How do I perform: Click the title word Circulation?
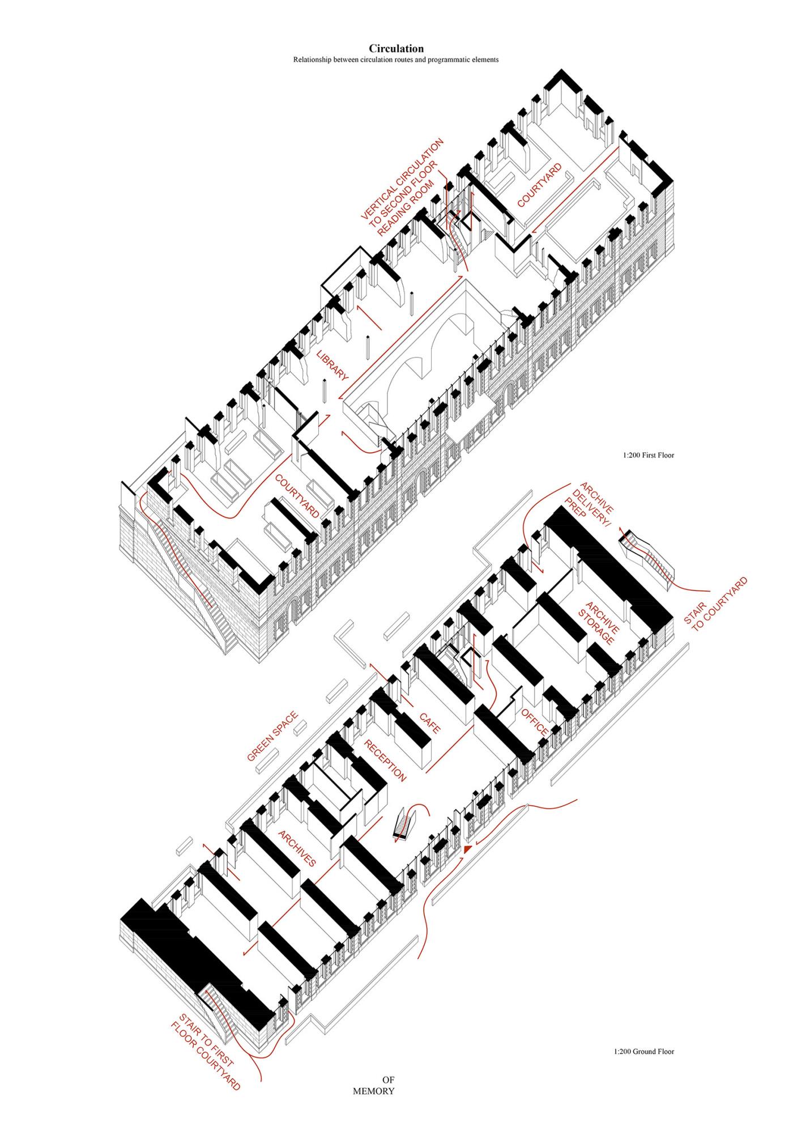pyautogui.click(x=396, y=49)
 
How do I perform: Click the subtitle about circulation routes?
pyautogui.click(x=396, y=59)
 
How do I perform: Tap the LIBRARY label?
pyautogui.click(x=332, y=366)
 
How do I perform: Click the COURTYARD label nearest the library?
pyautogui.click(x=297, y=496)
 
